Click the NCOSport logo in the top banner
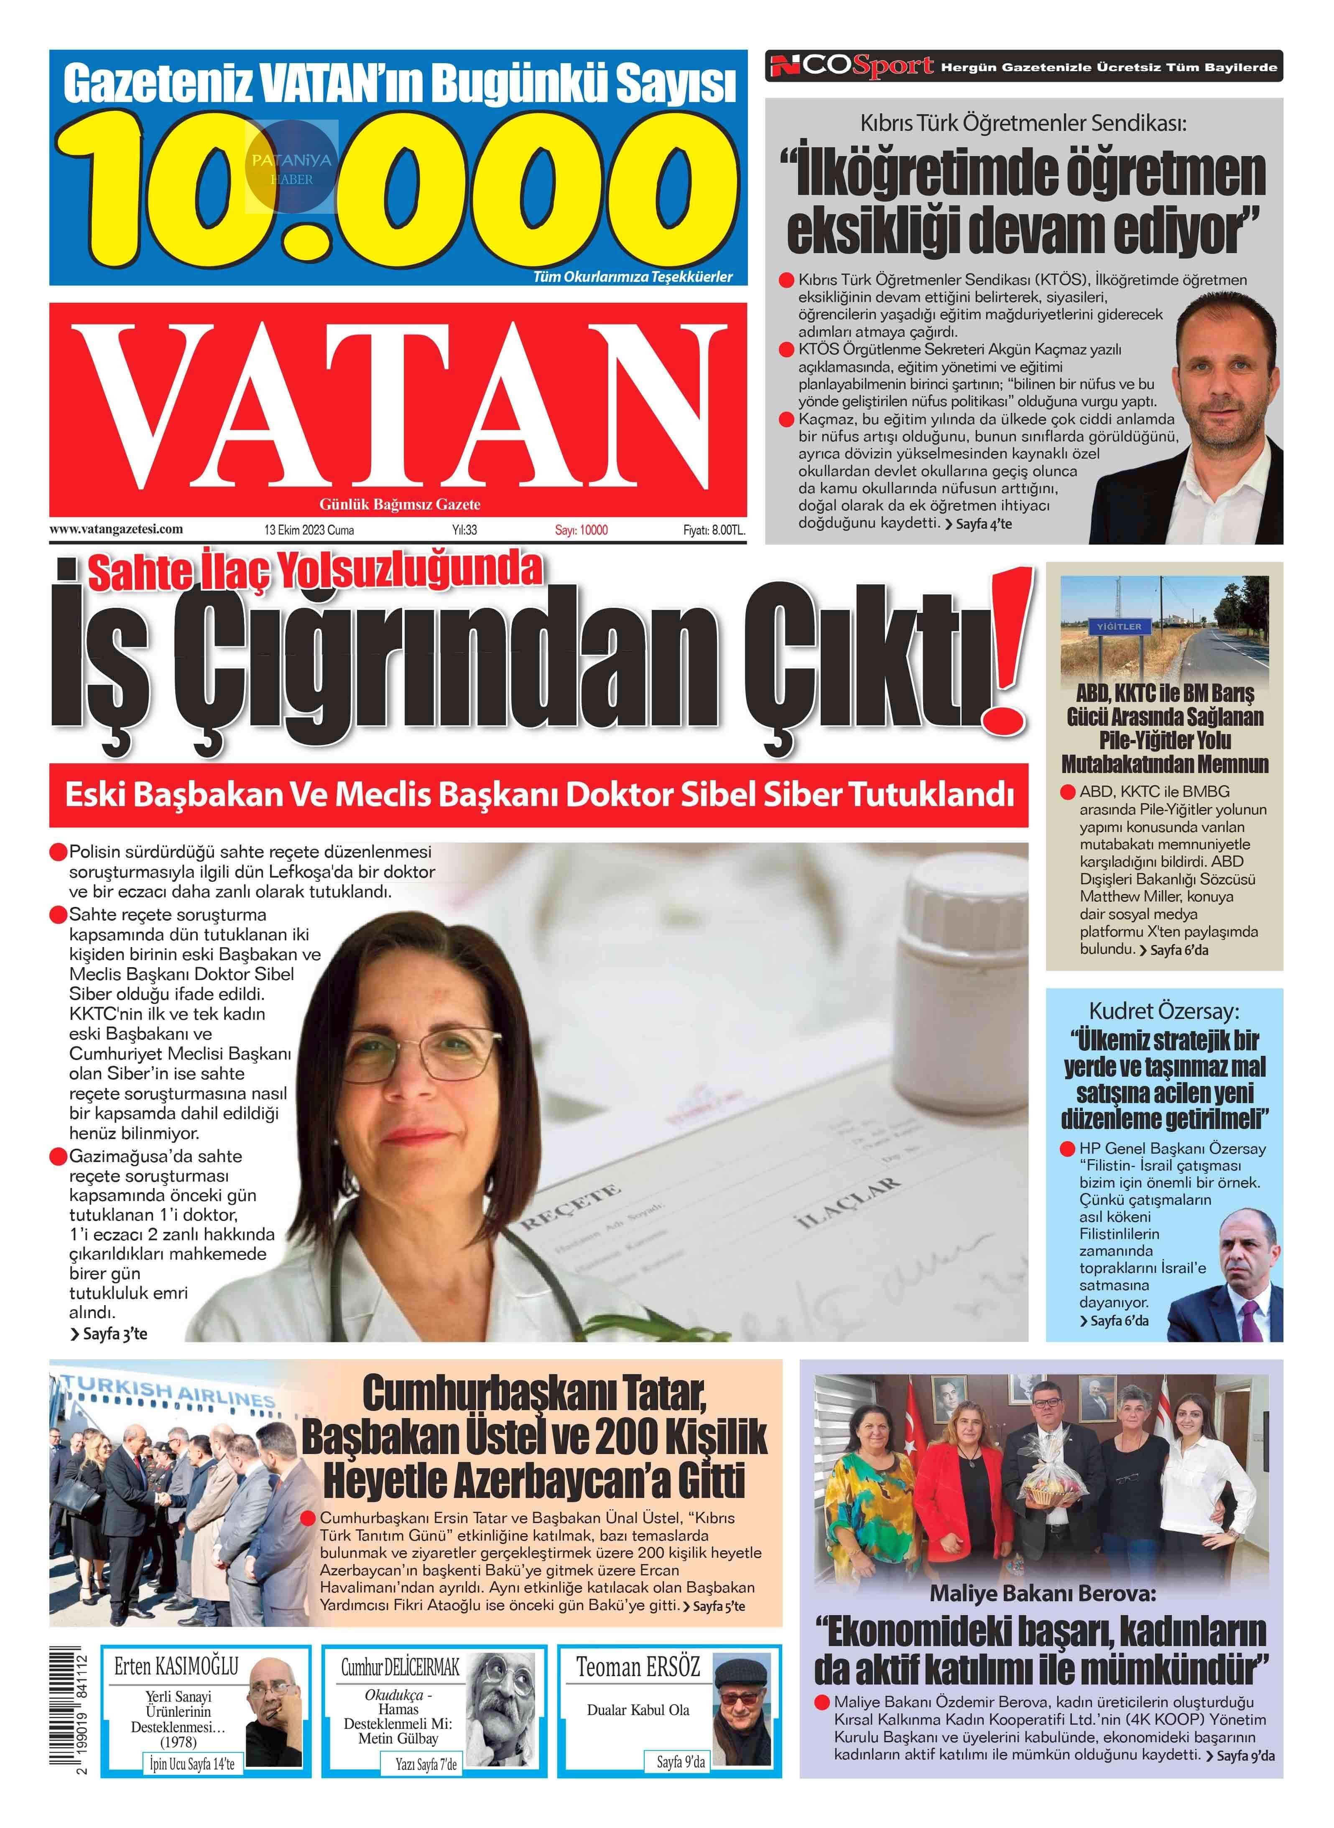pyautogui.click(x=852, y=66)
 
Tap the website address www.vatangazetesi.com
pyautogui.click(x=116, y=529)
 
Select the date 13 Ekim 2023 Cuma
pyautogui.click(x=309, y=530)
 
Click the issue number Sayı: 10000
pyautogui.click(x=581, y=530)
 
